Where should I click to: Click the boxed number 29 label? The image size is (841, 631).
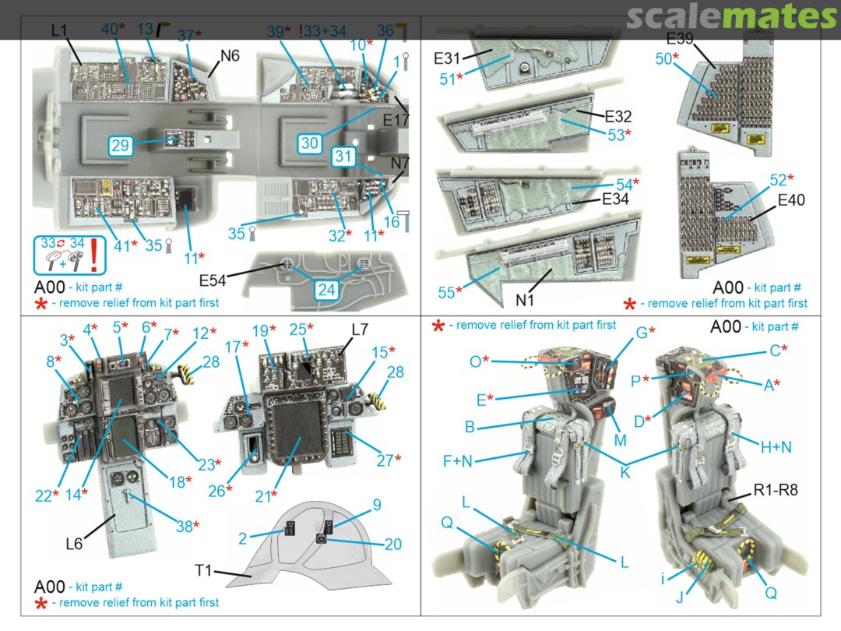(x=120, y=145)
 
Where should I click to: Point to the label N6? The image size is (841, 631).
(x=230, y=56)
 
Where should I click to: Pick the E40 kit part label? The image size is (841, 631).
(x=790, y=201)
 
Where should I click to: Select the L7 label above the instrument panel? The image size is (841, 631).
(x=359, y=330)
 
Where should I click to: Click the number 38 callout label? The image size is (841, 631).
(x=185, y=527)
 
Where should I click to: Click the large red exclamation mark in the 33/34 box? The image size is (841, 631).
(x=93, y=254)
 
